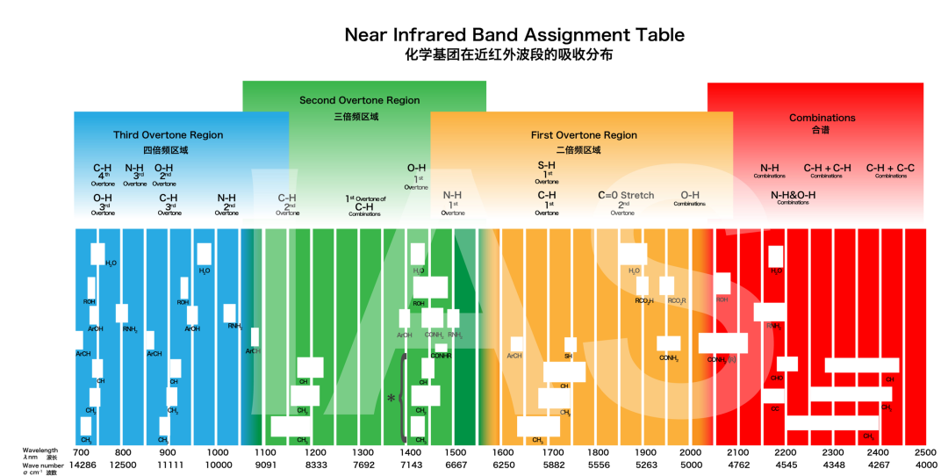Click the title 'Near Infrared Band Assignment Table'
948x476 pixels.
click(x=513, y=35)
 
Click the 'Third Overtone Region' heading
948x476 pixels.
click(x=168, y=135)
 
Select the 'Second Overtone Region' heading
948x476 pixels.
click(x=359, y=100)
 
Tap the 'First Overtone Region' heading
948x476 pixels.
click(x=584, y=135)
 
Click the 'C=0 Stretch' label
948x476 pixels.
click(x=626, y=195)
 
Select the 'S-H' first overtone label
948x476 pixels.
click(x=546, y=165)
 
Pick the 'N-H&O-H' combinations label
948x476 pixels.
click(x=793, y=195)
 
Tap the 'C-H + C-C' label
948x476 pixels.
click(x=890, y=168)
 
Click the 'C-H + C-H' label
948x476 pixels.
click(x=827, y=168)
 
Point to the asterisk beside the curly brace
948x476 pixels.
click(x=391, y=399)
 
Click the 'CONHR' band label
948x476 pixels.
click(x=441, y=356)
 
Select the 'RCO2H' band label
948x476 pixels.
click(x=644, y=301)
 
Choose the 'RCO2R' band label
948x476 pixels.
click(x=677, y=301)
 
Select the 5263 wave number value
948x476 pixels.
click(x=646, y=464)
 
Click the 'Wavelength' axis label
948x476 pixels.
click(x=40, y=450)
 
